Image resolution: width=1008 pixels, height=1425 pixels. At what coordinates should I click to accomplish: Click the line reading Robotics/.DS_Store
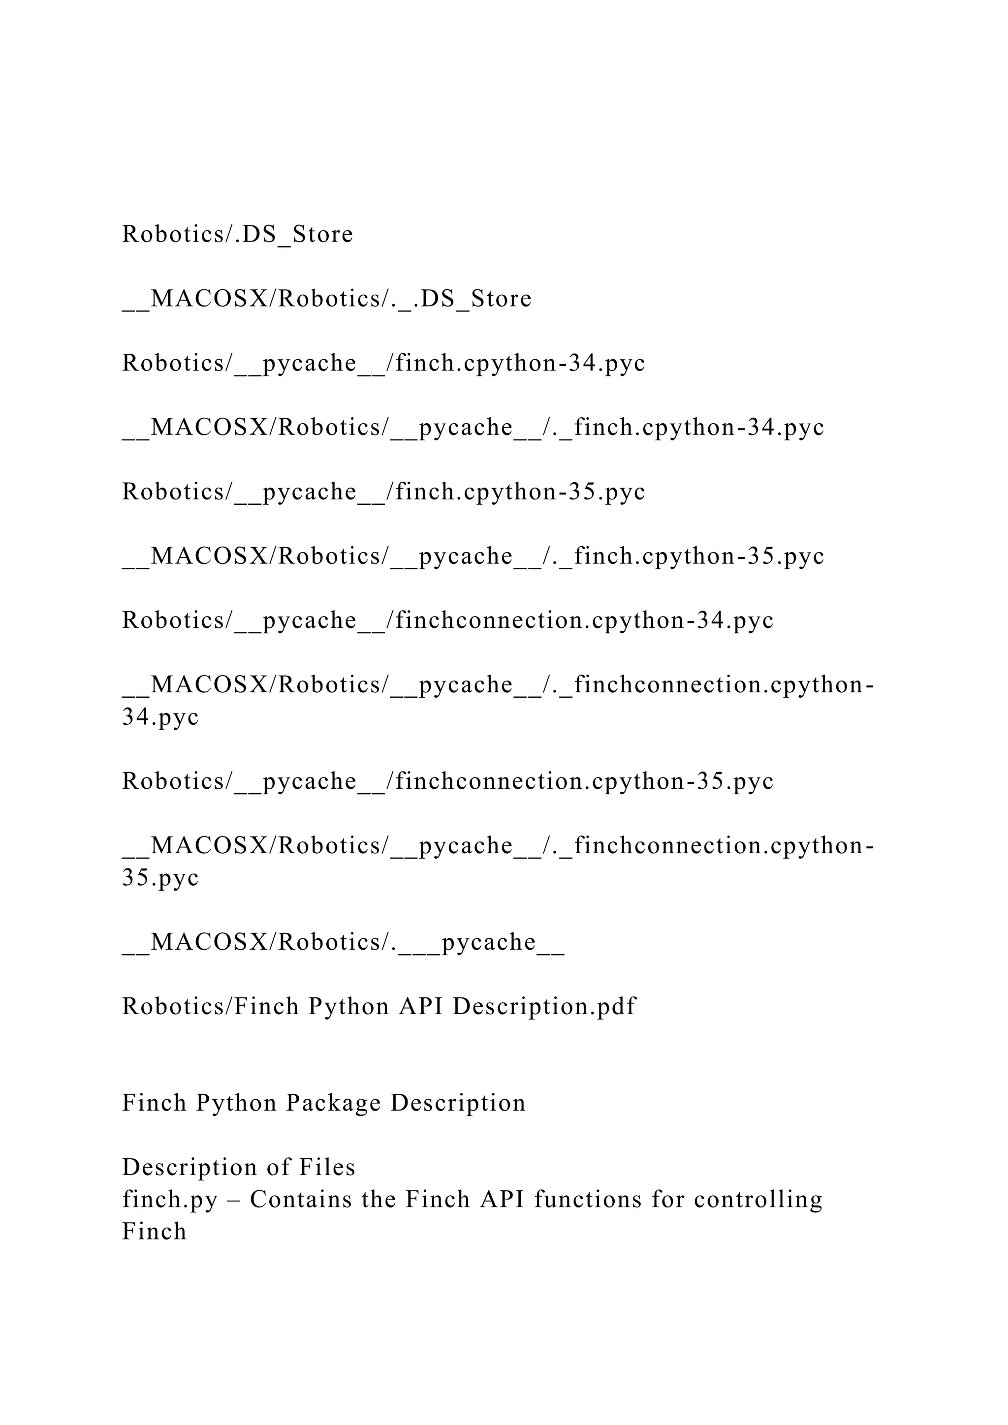click(x=238, y=235)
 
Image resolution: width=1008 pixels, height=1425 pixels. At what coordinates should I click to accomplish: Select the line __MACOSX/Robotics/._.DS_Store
click(x=327, y=299)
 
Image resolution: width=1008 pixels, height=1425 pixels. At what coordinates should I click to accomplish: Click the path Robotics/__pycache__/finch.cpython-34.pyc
click(x=383, y=364)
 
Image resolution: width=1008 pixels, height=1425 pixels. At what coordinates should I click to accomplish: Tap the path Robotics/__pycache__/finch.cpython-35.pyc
click(x=383, y=492)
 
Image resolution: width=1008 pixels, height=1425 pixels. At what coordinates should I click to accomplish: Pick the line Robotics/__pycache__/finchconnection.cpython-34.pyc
click(x=447, y=620)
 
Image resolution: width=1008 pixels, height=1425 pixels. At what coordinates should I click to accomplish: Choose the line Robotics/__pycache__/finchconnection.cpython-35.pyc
click(x=447, y=781)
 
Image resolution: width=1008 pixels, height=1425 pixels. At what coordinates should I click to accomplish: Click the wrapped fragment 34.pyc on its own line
click(x=160, y=717)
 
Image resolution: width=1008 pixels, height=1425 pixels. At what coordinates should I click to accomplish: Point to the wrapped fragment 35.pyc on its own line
click(x=160, y=878)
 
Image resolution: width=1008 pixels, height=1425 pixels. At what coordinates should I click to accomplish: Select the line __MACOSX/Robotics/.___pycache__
click(x=343, y=942)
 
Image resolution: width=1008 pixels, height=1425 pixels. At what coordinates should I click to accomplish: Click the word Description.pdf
click(x=544, y=1007)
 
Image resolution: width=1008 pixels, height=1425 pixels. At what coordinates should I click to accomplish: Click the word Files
click(x=327, y=1168)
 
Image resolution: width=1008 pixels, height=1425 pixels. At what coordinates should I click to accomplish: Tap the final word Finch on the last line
click(x=154, y=1231)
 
